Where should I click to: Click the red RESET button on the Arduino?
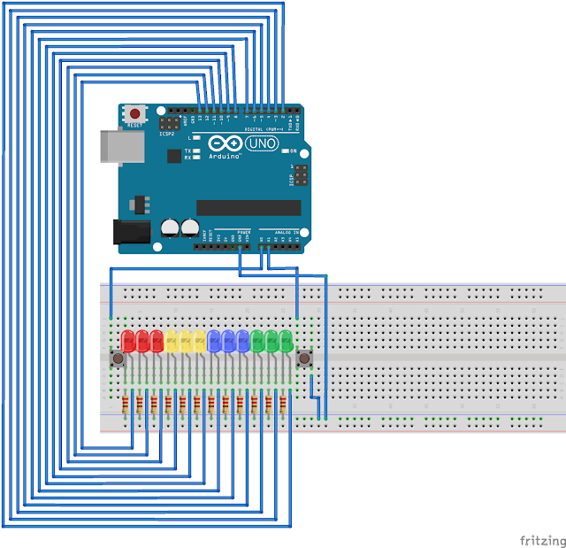pos(135,114)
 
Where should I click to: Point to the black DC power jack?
pos(130,231)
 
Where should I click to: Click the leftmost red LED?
pos(127,341)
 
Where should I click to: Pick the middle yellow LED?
pos(185,341)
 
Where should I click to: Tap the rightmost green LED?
pos(286,341)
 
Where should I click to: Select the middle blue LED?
pos(228,341)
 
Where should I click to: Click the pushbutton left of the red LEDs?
pos(117,359)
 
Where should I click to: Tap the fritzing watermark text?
pos(542,540)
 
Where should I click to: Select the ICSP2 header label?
pos(167,134)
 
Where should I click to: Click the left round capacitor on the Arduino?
pos(170,228)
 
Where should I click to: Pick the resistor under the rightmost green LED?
pos(283,406)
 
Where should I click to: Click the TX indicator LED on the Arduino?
pos(195,151)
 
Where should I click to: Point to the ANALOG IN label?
pos(281,232)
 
